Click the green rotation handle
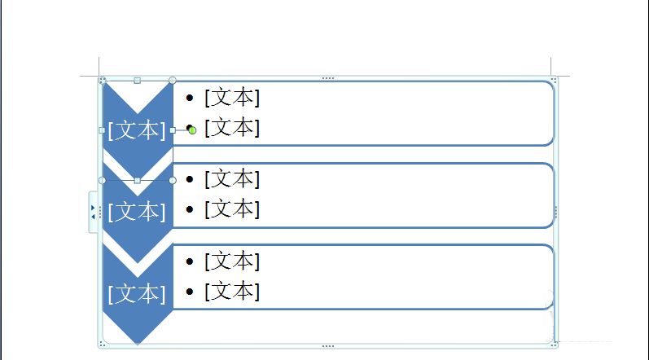[192, 130]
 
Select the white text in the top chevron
[137, 130]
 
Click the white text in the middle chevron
[137, 212]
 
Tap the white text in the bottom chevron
[137, 294]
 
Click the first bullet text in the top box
[232, 98]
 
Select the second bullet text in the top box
[232, 127]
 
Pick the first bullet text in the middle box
[232, 178]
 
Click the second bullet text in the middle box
[232, 209]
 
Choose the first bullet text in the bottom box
[232, 261]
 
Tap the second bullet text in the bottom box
[232, 292]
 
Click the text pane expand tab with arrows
[93, 212]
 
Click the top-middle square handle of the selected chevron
[138, 81]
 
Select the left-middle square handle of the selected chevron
[103, 130]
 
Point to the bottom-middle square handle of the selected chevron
[138, 181]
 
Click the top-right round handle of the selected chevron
[173, 81]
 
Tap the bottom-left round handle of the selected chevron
[103, 181]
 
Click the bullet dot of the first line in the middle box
[190, 179]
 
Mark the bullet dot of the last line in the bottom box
[190, 292]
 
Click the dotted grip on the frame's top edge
[328, 78]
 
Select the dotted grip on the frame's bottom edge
[328, 346]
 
